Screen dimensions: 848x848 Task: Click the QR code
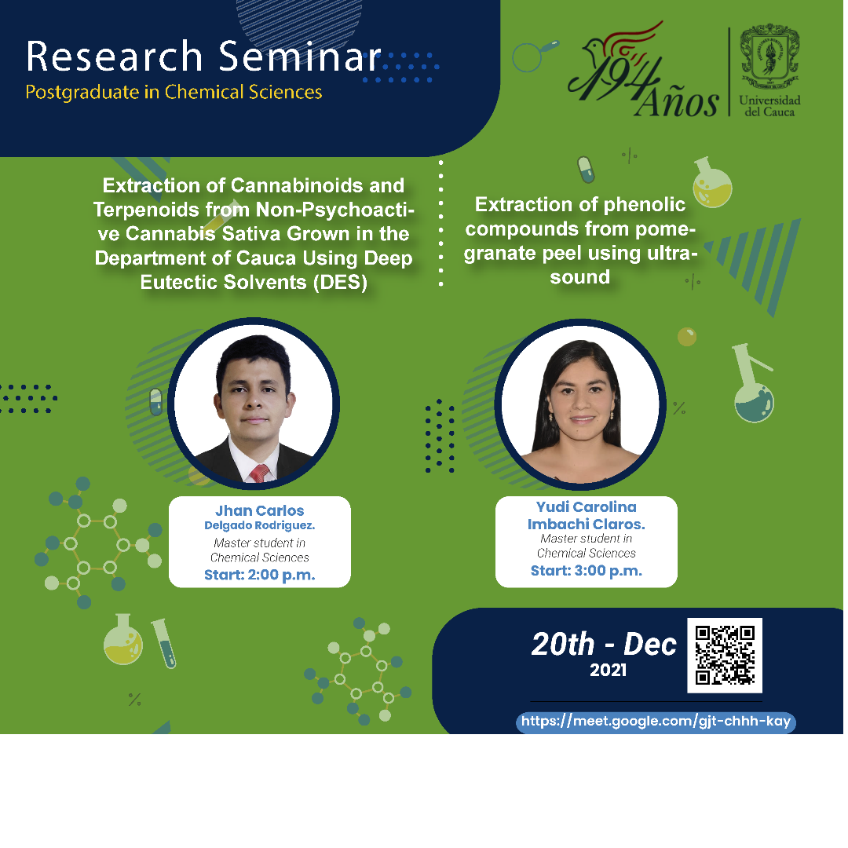coord(725,655)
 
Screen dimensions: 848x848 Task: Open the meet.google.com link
coord(656,722)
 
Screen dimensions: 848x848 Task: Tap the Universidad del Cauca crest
coord(769,57)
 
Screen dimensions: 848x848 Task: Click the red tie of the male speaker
coord(260,473)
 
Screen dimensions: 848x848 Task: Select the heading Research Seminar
coord(203,57)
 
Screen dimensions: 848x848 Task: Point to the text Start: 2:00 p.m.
coord(260,575)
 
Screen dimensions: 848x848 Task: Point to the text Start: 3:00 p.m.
coord(587,571)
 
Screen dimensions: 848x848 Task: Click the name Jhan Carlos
coord(260,510)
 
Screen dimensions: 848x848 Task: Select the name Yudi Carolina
coord(587,506)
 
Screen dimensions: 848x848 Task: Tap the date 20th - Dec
coord(604,644)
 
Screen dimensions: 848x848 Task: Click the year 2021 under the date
coord(608,670)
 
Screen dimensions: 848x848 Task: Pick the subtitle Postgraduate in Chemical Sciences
coord(174,92)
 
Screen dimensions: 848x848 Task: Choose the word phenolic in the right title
coord(645,204)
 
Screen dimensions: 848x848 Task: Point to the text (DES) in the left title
coord(340,283)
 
